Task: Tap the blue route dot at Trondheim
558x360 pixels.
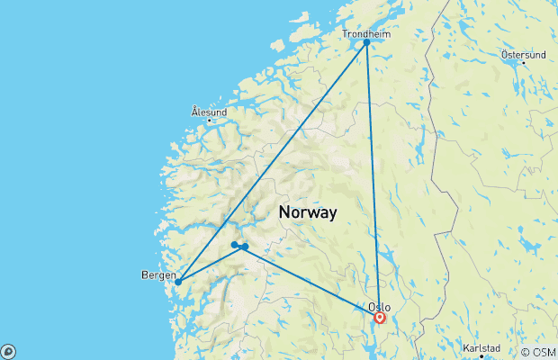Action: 366,42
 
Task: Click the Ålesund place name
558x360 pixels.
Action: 208,112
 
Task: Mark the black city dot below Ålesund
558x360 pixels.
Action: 209,120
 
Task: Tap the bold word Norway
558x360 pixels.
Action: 308,213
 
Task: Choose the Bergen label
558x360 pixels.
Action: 157,274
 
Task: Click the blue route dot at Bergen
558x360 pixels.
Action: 178,282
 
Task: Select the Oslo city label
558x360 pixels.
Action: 379,306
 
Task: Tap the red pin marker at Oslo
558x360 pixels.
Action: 380,317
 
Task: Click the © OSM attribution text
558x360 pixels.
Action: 538,352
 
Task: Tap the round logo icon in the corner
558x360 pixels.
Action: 7,352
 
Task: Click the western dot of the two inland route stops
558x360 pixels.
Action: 235,244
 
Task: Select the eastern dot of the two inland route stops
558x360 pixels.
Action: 245,247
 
